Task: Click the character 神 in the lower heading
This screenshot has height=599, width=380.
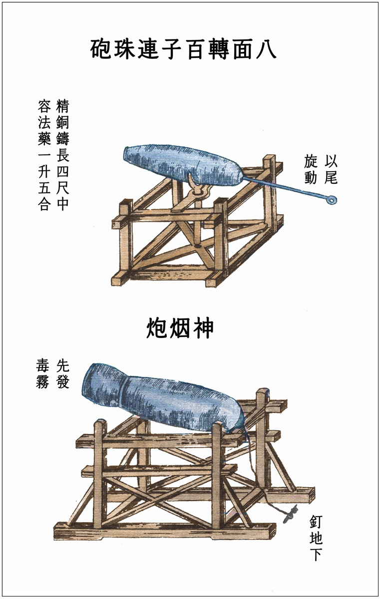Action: [x=202, y=329]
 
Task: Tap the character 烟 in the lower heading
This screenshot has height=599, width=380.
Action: [x=180, y=329]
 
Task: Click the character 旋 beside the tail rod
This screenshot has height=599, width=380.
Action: [x=311, y=161]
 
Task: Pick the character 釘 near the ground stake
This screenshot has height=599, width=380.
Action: [x=316, y=520]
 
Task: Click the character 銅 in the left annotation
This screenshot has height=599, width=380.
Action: [x=62, y=123]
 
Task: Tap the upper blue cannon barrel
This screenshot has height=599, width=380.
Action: [x=180, y=163]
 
